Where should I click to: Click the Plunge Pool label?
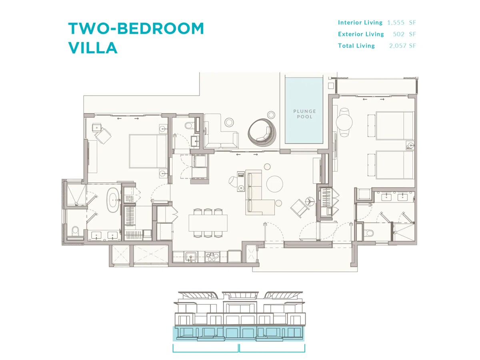304,114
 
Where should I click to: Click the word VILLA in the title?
93,48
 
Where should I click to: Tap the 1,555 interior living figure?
396,22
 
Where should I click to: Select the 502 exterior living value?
399,34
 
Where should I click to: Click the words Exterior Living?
361,34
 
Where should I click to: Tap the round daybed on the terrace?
262,132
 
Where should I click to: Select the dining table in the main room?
208,223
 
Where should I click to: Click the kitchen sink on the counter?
191,256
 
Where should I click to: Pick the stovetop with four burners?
212,257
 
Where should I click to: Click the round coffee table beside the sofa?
274,184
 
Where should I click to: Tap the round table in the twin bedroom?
344,122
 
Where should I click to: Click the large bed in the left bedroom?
148,151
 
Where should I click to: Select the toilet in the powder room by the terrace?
188,126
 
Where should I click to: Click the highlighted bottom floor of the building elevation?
238,334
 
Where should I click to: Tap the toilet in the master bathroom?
75,231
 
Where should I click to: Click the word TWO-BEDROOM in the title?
136,28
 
